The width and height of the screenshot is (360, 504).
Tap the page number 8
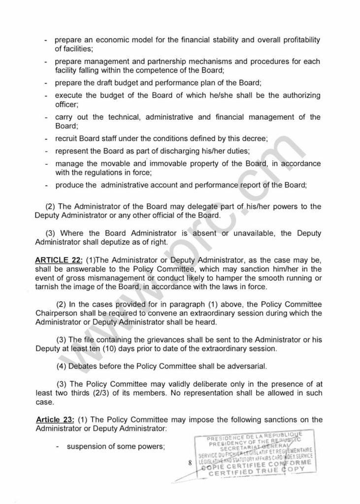[x=189, y=462]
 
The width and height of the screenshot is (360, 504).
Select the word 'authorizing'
[x=292, y=95]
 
